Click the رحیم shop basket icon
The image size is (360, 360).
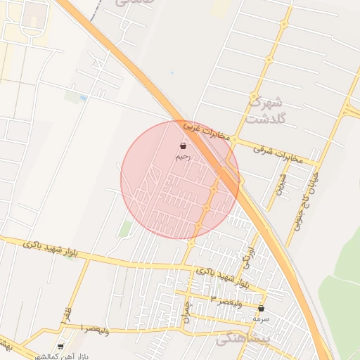(x=183, y=146)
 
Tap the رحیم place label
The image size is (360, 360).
(x=183, y=157)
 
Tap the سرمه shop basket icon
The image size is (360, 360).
(x=262, y=308)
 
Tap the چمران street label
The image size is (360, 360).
(x=187, y=309)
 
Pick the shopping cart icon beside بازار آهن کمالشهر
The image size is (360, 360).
(x=60, y=347)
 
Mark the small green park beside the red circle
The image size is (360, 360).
(x=125, y=229)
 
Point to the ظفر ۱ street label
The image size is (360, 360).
(x=67, y=314)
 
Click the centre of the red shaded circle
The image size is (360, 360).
(x=180, y=179)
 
